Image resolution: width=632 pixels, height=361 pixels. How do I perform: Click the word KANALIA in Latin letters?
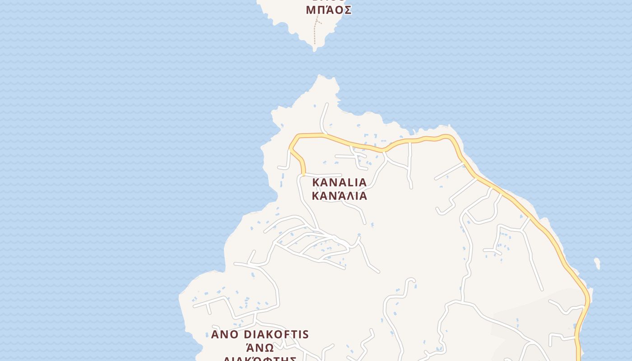point(339,183)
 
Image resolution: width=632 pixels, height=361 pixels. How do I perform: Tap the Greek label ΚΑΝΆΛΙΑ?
point(339,196)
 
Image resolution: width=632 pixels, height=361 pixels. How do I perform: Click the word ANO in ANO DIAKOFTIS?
point(224,334)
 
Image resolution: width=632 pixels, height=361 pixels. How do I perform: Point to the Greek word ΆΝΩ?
point(260,347)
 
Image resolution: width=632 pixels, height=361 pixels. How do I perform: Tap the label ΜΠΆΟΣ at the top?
point(329,10)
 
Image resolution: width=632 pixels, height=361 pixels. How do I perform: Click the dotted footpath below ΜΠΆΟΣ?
point(316,32)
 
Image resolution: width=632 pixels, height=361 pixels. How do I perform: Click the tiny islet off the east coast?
point(597,263)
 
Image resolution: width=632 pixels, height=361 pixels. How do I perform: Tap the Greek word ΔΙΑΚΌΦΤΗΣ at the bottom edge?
point(260,359)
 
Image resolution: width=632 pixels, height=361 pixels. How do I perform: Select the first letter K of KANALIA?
point(316,183)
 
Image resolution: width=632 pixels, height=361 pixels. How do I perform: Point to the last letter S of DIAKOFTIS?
point(306,334)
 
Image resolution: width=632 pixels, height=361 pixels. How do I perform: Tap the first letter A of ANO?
point(215,334)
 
